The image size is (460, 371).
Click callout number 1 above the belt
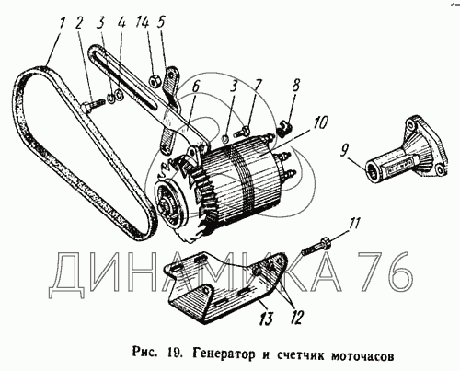pos(63,23)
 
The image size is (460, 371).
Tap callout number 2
pos(79,23)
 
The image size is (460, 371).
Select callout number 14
pos(144,23)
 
